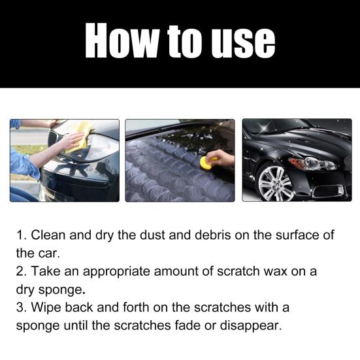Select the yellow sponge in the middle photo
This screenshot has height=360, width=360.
(x=208, y=161)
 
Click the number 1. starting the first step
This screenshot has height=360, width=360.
(x=22, y=235)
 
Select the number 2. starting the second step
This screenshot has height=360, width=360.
(x=22, y=270)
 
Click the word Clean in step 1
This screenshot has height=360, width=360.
(x=49, y=235)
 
